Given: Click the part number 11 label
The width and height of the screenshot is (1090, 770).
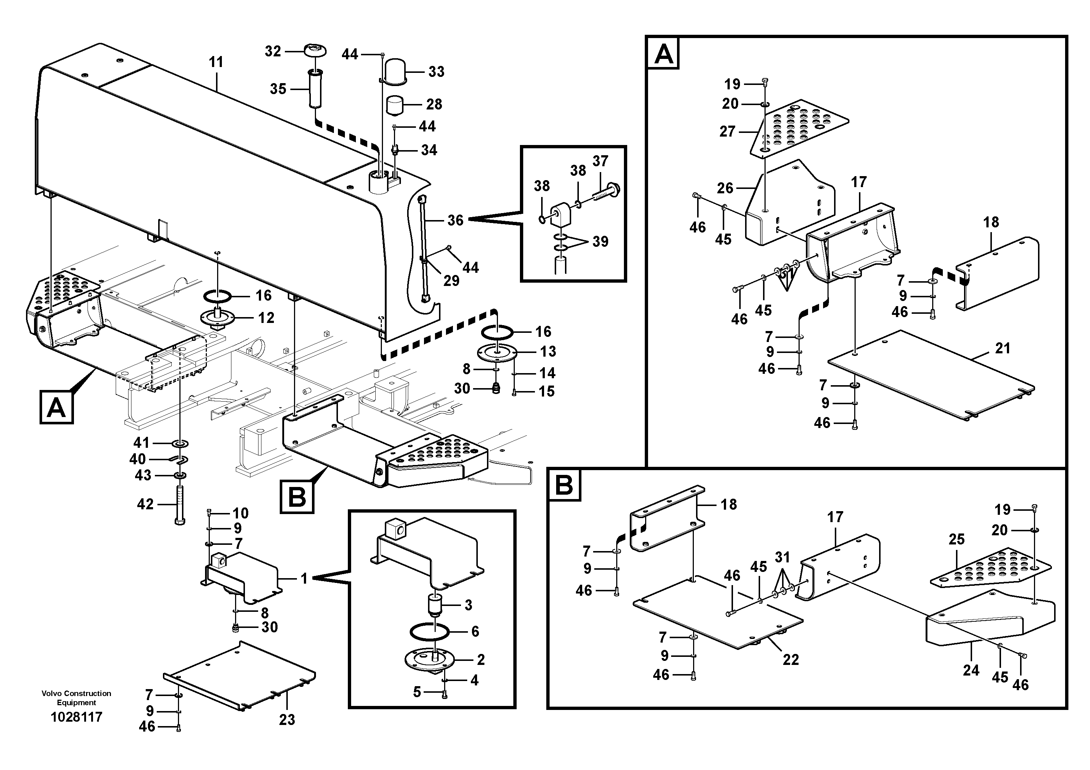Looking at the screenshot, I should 216,62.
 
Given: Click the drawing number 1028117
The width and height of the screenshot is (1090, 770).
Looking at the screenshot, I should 77,717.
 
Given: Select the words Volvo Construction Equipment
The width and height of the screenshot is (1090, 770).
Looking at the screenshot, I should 77,698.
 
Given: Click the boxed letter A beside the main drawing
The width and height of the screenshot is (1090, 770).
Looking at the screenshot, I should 56,407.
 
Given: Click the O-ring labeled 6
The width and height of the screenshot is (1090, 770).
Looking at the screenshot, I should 429,632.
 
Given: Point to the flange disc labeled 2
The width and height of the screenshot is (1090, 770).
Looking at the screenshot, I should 429,659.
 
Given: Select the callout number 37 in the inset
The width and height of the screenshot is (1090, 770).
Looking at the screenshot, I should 600,161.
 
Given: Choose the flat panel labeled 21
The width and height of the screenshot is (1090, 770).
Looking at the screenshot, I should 930,375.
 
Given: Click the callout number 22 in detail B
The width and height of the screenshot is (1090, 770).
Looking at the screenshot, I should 790,659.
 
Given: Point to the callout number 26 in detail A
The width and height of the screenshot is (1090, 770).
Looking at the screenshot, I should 725,188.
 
